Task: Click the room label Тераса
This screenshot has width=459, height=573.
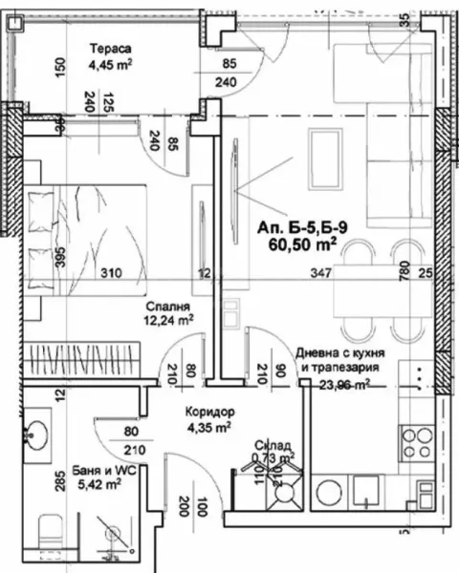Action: (x=110, y=50)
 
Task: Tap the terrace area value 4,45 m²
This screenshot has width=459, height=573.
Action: (x=110, y=66)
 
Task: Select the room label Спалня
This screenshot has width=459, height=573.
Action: (x=166, y=307)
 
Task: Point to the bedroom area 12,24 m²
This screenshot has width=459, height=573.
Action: (x=169, y=322)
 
